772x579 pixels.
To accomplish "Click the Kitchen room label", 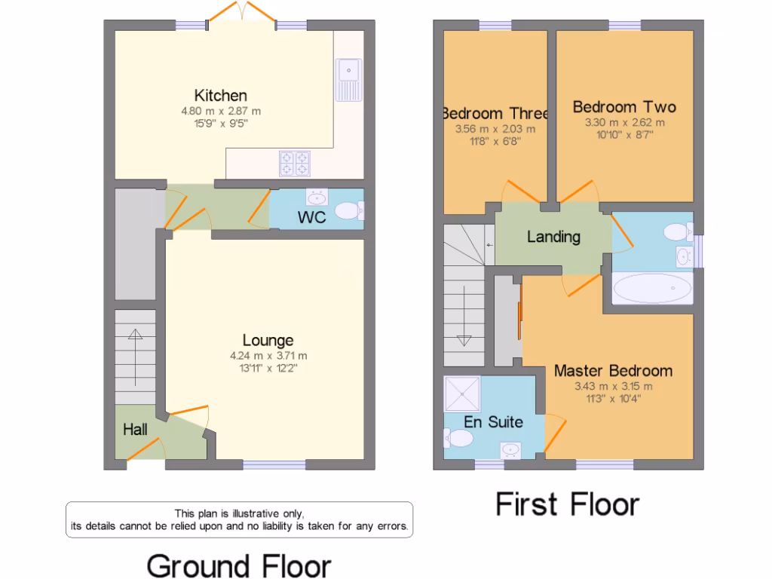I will (x=220, y=96).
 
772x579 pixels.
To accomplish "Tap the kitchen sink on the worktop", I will (x=349, y=78).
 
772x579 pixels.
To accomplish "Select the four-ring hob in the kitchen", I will (x=295, y=164).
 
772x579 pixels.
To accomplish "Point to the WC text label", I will (x=311, y=218).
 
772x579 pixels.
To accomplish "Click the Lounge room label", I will (x=268, y=341).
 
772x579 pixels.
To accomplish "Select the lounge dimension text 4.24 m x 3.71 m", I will (x=268, y=357).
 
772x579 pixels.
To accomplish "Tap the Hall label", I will (x=136, y=430).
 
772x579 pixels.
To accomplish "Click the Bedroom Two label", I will (x=623, y=107).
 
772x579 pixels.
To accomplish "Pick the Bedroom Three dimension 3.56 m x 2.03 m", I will (x=495, y=129).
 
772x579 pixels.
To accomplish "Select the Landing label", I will (x=553, y=237).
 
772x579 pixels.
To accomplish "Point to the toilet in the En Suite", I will (x=458, y=437).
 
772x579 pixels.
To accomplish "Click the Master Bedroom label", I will (x=613, y=371).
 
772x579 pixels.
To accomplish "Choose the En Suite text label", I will (x=493, y=422).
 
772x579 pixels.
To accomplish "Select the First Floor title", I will (x=567, y=504).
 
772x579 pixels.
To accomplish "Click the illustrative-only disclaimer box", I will (x=239, y=519).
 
